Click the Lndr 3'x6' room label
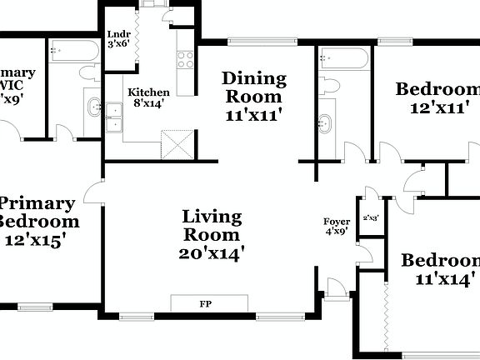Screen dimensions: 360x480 117,39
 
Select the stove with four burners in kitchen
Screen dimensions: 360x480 184,59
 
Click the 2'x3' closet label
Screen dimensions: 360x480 370,218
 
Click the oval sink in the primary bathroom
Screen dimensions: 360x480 93,107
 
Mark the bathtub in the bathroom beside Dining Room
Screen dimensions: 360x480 342,58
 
